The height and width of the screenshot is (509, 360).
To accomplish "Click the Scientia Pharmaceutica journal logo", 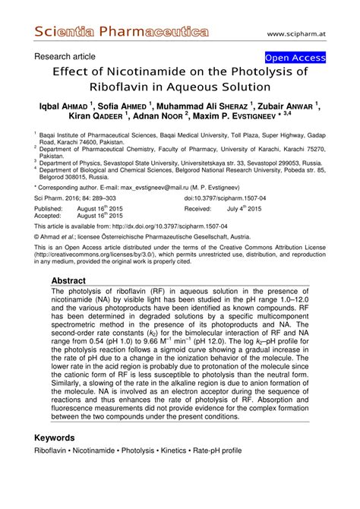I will (122, 33).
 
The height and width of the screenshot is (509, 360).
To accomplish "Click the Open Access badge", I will (295, 58).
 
